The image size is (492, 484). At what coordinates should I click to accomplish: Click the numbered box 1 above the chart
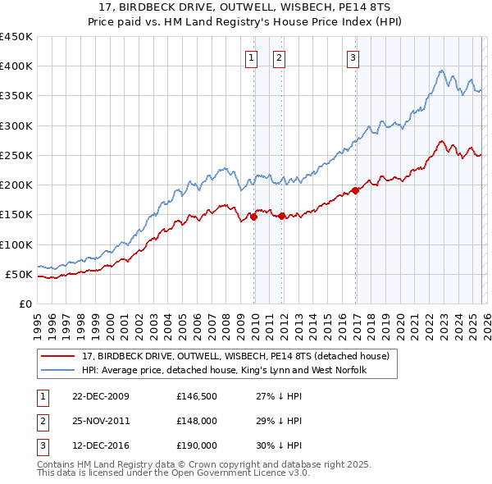(250, 57)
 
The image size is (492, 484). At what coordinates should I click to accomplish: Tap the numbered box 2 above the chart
(279, 57)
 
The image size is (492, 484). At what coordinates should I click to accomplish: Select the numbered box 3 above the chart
(352, 57)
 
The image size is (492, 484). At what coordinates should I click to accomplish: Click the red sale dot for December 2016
(355, 190)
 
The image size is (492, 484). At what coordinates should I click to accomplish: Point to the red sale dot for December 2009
(254, 217)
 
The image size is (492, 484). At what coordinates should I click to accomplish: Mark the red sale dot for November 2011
(282, 216)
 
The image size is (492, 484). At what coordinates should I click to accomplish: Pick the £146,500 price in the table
(195, 396)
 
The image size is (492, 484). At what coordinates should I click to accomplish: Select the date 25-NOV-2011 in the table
(101, 420)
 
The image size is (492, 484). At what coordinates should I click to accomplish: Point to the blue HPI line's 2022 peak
(442, 71)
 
